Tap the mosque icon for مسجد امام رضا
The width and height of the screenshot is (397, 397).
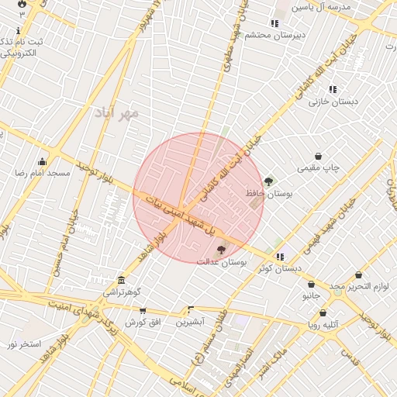point(41,162)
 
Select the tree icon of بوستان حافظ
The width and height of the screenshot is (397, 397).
point(268,181)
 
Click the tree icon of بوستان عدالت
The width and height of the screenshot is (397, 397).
point(221,250)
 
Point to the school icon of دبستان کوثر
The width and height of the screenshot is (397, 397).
point(280,257)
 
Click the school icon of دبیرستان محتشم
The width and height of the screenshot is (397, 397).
point(274,23)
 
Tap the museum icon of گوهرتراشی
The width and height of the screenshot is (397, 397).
point(121,280)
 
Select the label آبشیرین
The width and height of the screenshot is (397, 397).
point(190,321)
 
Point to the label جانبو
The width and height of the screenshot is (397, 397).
point(311,295)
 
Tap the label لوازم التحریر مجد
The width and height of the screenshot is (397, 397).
point(357,287)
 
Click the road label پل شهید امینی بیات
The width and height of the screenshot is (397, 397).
point(174,209)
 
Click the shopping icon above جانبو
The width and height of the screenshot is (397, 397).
point(311,284)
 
